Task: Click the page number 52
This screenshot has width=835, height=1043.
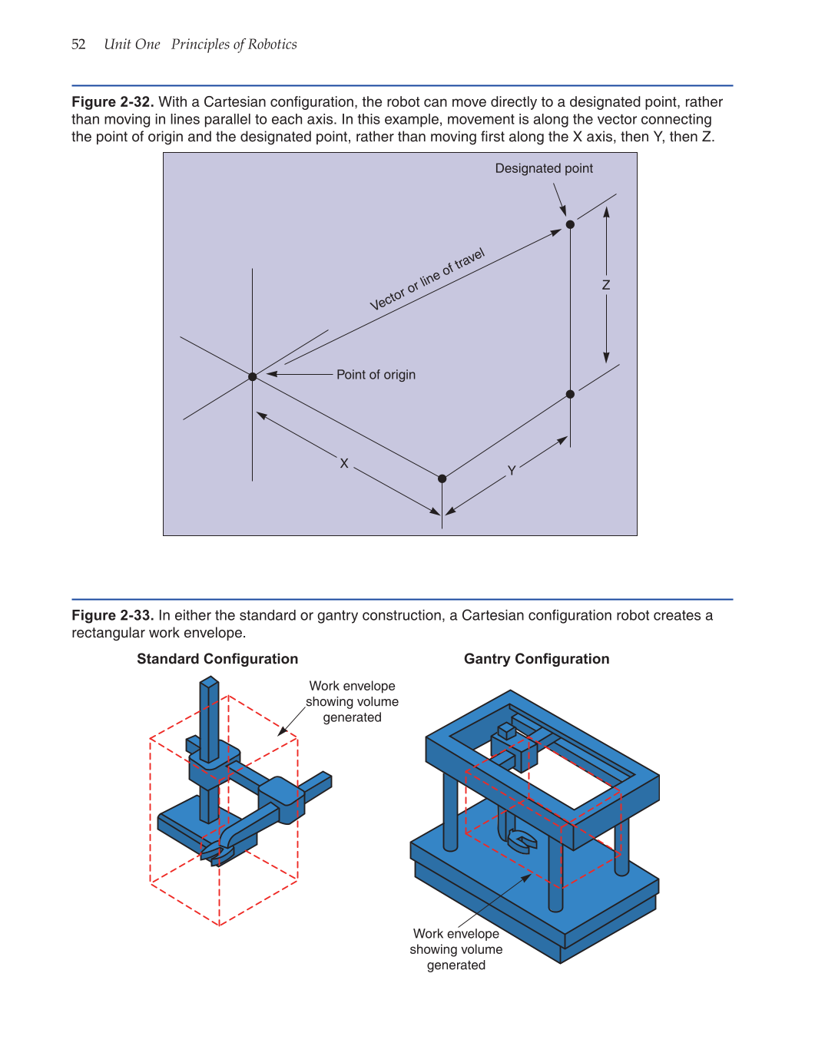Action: pyautogui.click(x=78, y=45)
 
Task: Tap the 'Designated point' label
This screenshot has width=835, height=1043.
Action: pyautogui.click(x=544, y=168)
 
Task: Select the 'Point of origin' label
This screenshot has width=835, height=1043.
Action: pyautogui.click(x=376, y=375)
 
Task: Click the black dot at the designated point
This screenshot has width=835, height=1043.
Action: pyautogui.click(x=570, y=224)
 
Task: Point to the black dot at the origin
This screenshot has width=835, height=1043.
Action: pyautogui.click(x=253, y=376)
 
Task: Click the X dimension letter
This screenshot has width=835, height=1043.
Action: pyautogui.click(x=344, y=463)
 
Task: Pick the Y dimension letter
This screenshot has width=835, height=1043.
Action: pyautogui.click(x=512, y=471)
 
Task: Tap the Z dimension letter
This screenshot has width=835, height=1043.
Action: pyautogui.click(x=606, y=285)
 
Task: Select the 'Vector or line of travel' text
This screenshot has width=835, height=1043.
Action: pyautogui.click(x=427, y=280)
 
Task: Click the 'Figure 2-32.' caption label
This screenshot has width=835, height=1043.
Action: pyautogui.click(x=112, y=102)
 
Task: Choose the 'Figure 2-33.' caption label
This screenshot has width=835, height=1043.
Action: pyautogui.click(x=112, y=615)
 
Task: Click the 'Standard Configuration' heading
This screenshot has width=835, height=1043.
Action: pyautogui.click(x=217, y=659)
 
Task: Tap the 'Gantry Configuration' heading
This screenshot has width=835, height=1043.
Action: pyautogui.click(x=536, y=659)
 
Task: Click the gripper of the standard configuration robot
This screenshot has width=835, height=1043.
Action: pyautogui.click(x=217, y=853)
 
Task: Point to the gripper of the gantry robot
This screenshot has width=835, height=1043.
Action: pyautogui.click(x=520, y=841)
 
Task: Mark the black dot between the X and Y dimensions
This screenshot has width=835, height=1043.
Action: pyautogui.click(x=442, y=478)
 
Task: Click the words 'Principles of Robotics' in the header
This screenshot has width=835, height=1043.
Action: pyautogui.click(x=234, y=45)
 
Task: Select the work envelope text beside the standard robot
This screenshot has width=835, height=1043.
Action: pyautogui.click(x=352, y=701)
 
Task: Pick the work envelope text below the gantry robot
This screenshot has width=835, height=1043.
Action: pyautogui.click(x=456, y=949)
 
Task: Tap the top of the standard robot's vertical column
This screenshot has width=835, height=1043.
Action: pyautogui.click(x=209, y=682)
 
